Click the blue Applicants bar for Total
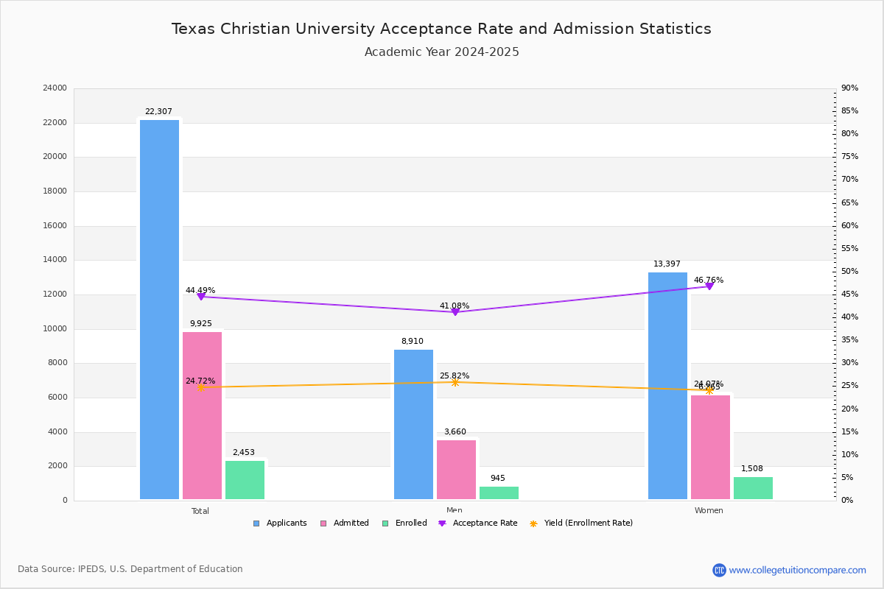point(159,309)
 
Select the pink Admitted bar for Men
point(456,470)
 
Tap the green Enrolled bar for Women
point(753,488)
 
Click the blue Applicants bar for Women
point(667,386)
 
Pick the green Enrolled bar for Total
point(245,480)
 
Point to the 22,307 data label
point(158,112)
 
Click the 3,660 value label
point(455,432)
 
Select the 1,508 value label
point(752,469)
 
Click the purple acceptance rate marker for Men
point(455,312)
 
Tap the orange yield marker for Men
point(455,382)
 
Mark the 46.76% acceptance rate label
point(709,281)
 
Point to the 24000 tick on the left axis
point(55,88)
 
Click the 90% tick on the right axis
point(849,88)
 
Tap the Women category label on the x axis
point(709,511)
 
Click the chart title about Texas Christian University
point(441,29)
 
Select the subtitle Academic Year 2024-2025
point(441,52)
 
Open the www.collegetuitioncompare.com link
point(797,570)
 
